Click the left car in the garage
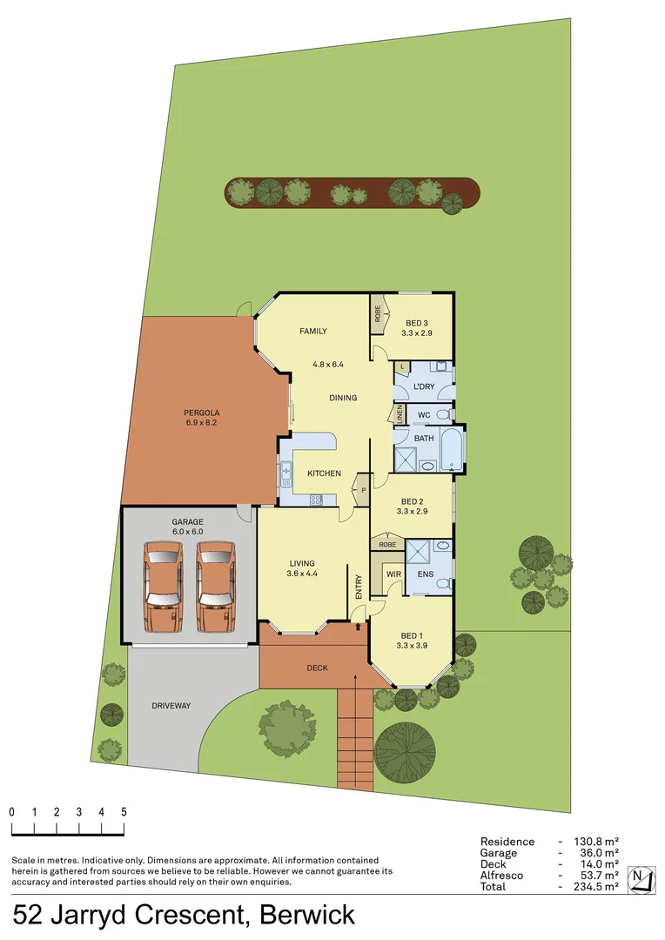pos(165,585)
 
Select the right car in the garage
pos(215,585)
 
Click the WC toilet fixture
pos(442,414)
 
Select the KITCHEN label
pos(324,473)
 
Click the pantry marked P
pos(364,490)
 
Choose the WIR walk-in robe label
pos(393,574)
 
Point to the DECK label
pos(317,668)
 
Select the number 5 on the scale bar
pos(124,811)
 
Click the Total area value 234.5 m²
pos(596,886)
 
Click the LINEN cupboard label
pos(400,414)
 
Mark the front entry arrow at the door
pos(359,625)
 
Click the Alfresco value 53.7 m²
pos(596,875)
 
